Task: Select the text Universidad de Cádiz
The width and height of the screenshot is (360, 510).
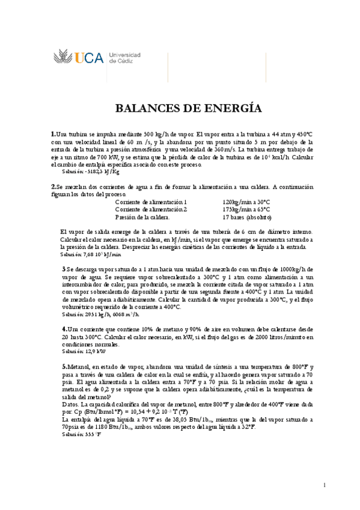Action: tap(125, 58)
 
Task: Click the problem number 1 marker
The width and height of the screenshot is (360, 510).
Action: tap(53, 134)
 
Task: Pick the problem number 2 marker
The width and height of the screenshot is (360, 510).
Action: tap(53, 186)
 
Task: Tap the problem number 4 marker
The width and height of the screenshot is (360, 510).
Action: tap(64, 330)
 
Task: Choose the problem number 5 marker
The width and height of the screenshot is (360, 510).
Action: tap(64, 366)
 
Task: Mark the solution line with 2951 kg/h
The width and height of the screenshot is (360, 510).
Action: tap(101, 314)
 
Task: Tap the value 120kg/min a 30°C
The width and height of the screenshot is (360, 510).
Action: tap(246, 202)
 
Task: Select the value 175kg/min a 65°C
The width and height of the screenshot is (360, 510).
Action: tap(246, 209)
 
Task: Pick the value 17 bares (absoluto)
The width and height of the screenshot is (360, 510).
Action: tap(247, 217)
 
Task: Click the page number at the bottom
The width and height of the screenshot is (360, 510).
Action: tap(324, 485)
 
